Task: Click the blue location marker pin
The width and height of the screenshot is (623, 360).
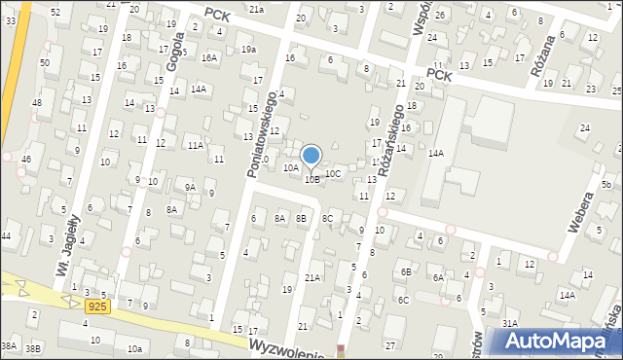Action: pyautogui.click(x=311, y=156)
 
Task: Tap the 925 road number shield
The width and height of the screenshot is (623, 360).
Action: pyautogui.click(x=96, y=306)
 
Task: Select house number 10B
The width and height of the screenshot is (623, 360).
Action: pyautogui.click(x=311, y=179)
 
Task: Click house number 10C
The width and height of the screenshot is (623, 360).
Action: pyautogui.click(x=333, y=173)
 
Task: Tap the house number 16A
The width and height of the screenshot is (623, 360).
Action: pyautogui.click(x=209, y=57)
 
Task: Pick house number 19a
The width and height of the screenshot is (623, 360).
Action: pyautogui.click(x=248, y=49)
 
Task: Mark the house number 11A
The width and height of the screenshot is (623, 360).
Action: pyautogui.click(x=196, y=145)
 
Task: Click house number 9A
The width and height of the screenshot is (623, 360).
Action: pyautogui.click(x=191, y=187)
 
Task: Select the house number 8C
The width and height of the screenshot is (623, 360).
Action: pyautogui.click(x=328, y=219)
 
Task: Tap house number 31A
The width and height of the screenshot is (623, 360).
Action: pyautogui.click(x=509, y=322)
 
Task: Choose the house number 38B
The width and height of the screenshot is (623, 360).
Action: pyautogui.click(x=33, y=347)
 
